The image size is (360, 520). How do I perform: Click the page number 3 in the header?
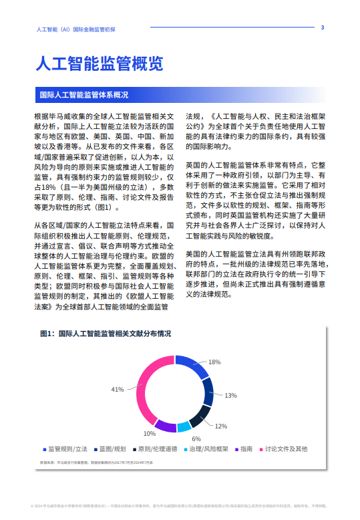pos(323,27)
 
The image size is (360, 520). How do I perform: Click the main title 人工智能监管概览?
pos(98,64)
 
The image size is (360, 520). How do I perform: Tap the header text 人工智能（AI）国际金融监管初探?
pos(77,29)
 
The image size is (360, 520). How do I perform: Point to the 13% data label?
pos(230,395)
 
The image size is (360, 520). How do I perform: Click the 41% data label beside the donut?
pos(118,389)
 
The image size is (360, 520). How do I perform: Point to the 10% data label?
pos(148,433)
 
